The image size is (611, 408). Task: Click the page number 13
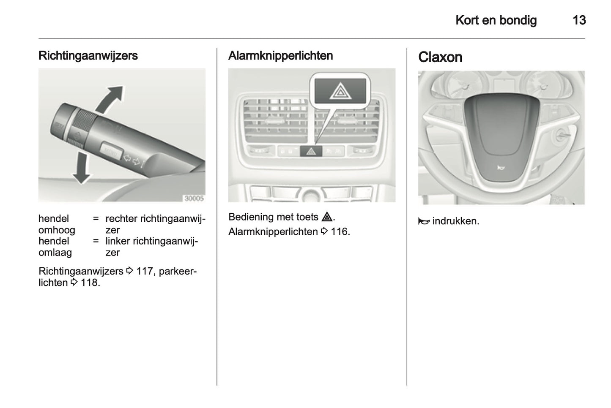[x=579, y=20]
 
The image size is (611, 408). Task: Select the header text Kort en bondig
[x=496, y=20]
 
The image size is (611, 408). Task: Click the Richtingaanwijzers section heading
[x=88, y=56]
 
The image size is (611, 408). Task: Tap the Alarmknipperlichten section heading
[x=280, y=56]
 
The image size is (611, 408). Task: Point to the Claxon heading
[x=440, y=57]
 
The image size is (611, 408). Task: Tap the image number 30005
[x=194, y=198]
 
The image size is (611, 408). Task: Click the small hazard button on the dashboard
[x=311, y=151]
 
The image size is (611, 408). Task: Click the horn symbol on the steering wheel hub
[x=501, y=168]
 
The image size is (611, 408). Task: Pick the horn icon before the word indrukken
[x=424, y=221]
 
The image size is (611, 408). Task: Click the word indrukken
[x=456, y=221]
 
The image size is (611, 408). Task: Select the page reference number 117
[x=144, y=271]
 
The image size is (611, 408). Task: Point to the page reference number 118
[x=89, y=283]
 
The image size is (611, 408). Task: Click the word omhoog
[x=57, y=230]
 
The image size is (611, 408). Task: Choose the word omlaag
[x=55, y=253]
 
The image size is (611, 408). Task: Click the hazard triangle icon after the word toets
[x=327, y=217]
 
